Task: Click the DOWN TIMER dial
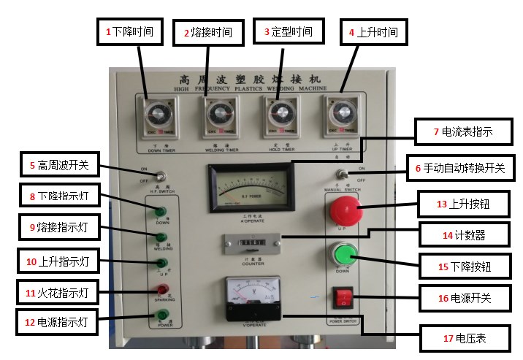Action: pos(155,115)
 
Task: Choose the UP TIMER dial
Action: pos(341,114)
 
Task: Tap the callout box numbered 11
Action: pos(57,293)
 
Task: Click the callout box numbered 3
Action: pos(289,32)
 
